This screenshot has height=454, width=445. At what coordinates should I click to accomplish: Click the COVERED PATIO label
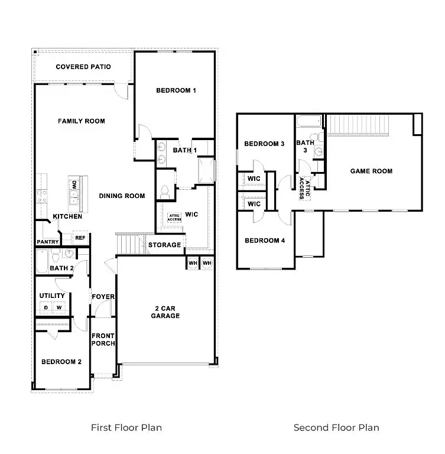tap(83, 67)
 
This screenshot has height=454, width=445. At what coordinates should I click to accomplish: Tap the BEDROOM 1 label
tap(176, 90)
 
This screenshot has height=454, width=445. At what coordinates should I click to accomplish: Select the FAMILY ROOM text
tap(82, 121)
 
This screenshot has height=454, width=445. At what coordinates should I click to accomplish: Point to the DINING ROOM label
tap(122, 196)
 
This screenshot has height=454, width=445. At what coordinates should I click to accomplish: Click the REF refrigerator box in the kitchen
tap(80, 238)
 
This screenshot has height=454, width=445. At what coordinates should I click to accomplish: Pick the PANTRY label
tap(48, 242)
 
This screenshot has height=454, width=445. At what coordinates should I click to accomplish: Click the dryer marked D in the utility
tap(46, 307)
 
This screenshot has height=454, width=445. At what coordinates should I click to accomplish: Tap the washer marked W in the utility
tap(59, 307)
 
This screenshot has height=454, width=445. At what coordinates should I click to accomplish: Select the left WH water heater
tap(193, 263)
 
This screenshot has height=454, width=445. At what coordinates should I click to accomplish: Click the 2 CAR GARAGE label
tap(165, 312)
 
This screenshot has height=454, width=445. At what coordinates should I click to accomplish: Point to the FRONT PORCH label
tap(103, 340)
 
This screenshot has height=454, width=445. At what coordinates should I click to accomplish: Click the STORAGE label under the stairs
tap(164, 245)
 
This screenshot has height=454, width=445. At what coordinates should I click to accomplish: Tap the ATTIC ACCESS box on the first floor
tap(174, 218)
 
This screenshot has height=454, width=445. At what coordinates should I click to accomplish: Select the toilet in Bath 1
tap(165, 192)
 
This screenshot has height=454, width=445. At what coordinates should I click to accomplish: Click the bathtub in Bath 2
tap(43, 262)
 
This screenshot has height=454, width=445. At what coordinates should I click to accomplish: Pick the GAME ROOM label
tap(372, 171)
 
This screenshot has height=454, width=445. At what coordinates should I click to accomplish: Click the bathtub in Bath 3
tap(309, 121)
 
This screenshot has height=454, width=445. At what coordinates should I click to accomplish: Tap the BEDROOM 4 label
tap(265, 241)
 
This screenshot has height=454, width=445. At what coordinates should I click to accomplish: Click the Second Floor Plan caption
tap(336, 427)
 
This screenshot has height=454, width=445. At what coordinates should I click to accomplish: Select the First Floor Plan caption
tap(126, 427)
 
